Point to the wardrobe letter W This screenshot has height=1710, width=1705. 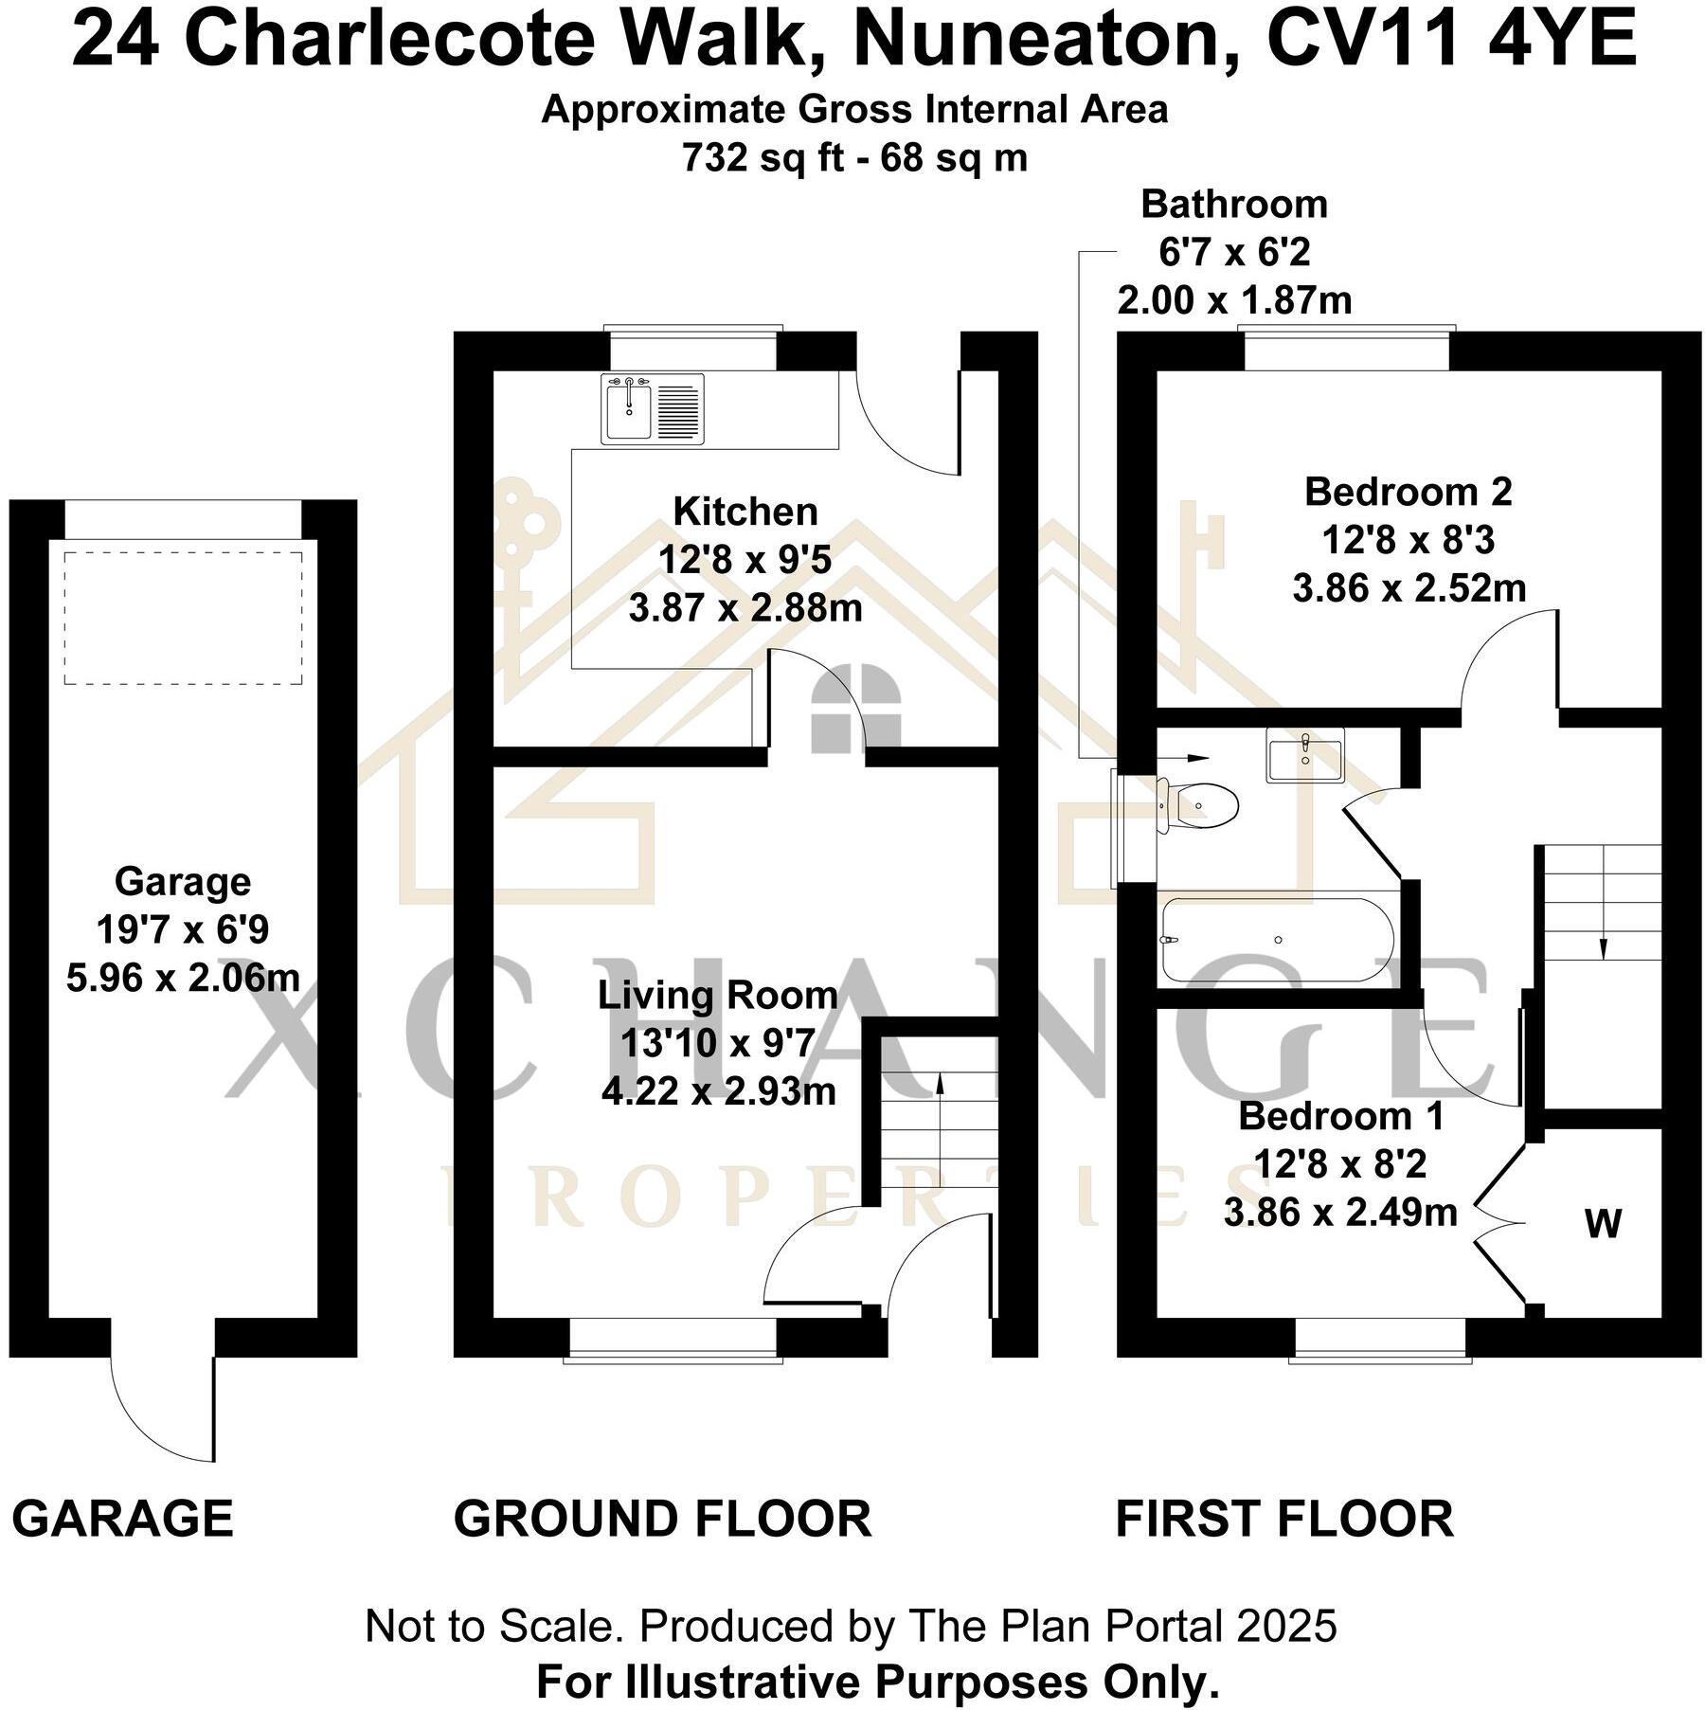(x=1603, y=1225)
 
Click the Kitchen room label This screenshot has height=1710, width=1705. (x=745, y=512)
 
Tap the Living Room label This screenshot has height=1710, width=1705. (x=717, y=996)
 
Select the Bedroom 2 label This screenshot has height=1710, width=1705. (x=1408, y=492)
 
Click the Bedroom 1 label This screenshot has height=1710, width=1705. (x=1340, y=1116)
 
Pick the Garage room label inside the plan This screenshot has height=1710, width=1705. (x=183, y=882)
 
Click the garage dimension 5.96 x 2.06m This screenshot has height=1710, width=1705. (x=183, y=978)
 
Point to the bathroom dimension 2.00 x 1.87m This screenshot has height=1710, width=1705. (x=1234, y=300)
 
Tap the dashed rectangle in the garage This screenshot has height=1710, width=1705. (x=183, y=618)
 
